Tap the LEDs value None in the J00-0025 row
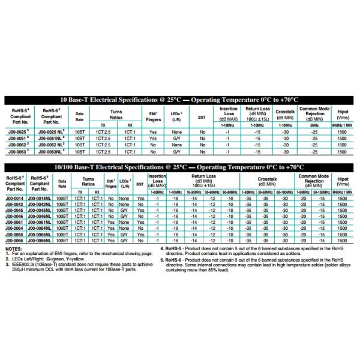[x=176, y=131]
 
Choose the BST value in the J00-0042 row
[x=140, y=204]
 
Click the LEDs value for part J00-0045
[x=124, y=210]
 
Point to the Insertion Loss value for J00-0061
[x=157, y=222]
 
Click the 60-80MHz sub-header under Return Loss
[x=229, y=192]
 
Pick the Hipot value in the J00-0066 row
[x=343, y=240]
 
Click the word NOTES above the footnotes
[x=13, y=248]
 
